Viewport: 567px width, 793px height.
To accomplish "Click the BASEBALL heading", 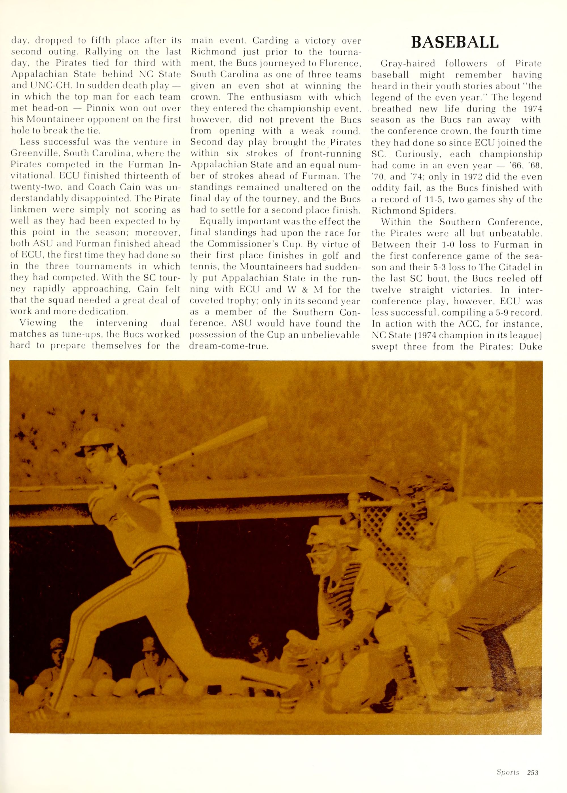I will coord(455,43).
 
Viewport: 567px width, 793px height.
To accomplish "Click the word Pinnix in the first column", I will coord(100,108).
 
